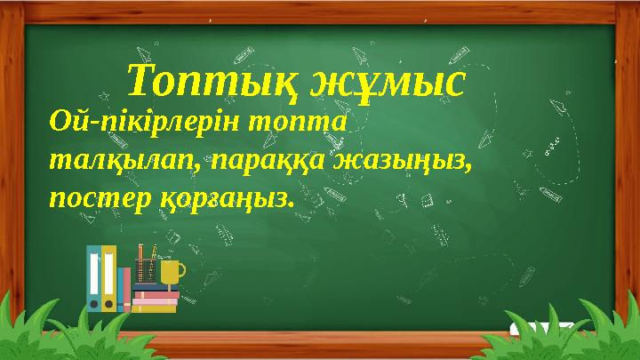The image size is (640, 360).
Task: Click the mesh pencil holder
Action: tap(146, 270)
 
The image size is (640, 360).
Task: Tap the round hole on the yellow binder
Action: tap(108, 303)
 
